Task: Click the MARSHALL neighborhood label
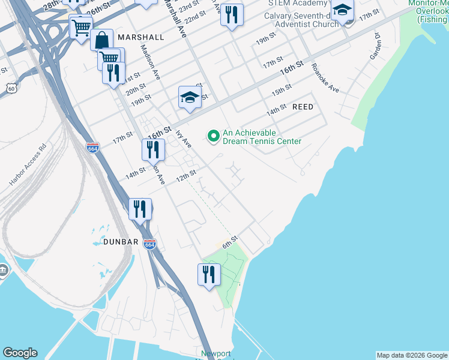point(141,37)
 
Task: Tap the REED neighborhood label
point(303,106)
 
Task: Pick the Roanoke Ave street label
point(325,78)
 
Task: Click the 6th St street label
point(231,242)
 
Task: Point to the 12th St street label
point(186,176)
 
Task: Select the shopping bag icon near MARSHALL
point(102,40)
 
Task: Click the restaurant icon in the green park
point(209,274)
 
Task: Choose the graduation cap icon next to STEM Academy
point(342,10)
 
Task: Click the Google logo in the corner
point(20,353)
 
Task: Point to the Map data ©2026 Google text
point(412,355)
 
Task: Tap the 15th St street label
point(281,91)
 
